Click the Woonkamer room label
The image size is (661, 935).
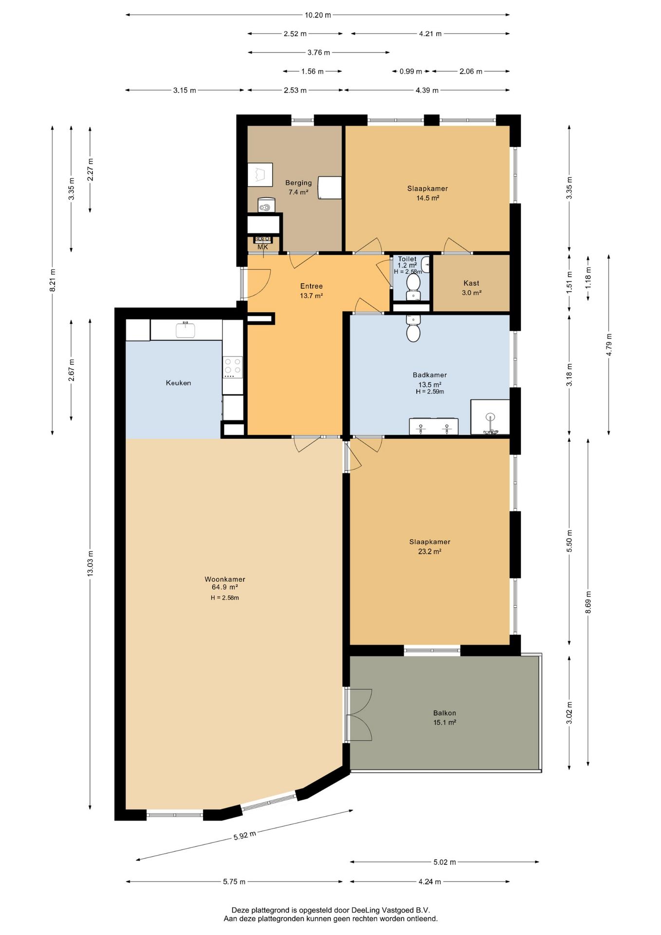coord(225,579)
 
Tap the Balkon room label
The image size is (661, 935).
coord(445,713)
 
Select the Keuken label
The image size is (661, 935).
coord(179,383)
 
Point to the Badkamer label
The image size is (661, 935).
coord(430,375)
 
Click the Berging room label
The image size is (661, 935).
coord(298,183)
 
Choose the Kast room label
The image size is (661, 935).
coord(471,283)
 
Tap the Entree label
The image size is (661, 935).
coord(312,286)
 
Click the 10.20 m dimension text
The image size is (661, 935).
coord(318,15)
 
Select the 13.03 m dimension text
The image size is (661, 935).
coord(90,563)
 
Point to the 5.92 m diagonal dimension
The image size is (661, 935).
coord(244,836)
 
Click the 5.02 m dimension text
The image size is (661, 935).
coord(445,862)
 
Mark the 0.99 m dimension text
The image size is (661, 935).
coord(411,72)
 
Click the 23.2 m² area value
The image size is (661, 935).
coord(430,552)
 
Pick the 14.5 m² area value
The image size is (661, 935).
coord(428,198)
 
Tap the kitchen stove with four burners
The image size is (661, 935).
coord(233,368)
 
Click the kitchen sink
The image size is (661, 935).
coord(185,330)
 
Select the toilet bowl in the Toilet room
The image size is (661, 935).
coord(413,282)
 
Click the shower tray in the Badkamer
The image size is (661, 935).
coord(490,417)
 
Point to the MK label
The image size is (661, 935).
coord(263,247)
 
